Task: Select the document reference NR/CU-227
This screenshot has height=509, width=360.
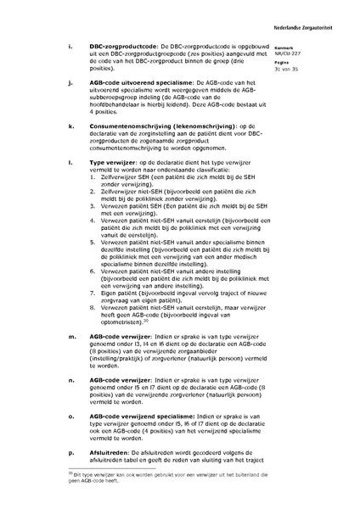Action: point(307,54)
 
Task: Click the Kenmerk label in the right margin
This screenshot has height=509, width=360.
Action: point(307,48)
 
